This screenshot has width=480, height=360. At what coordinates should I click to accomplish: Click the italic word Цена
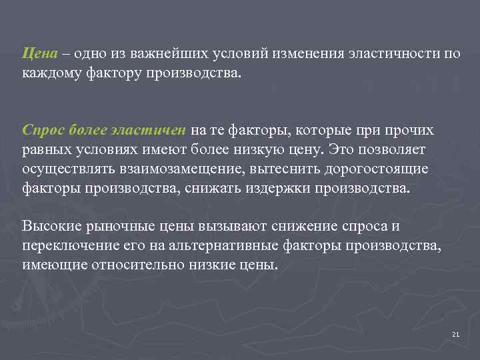coord(35,53)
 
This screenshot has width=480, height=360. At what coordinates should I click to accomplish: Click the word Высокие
coord(51,227)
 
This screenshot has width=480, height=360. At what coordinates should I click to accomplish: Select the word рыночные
coord(117,227)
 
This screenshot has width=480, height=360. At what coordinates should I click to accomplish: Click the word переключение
coord(65,246)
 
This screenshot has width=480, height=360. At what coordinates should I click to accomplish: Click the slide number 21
coord(455,334)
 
